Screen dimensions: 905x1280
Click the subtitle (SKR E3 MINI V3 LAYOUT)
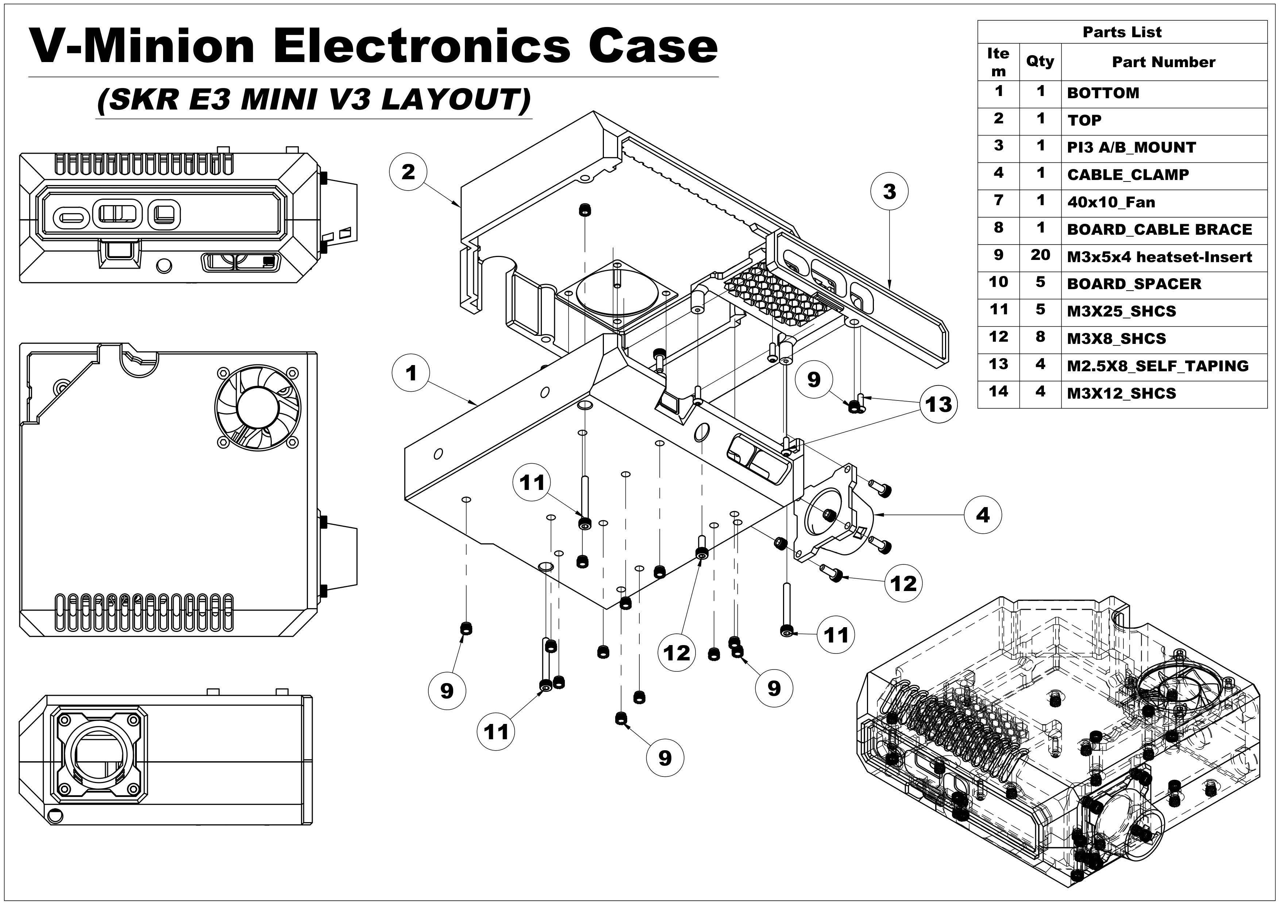314,100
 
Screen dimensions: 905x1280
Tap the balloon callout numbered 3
889,192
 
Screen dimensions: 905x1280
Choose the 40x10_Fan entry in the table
1111,202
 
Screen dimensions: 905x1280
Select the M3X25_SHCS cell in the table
1121,312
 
